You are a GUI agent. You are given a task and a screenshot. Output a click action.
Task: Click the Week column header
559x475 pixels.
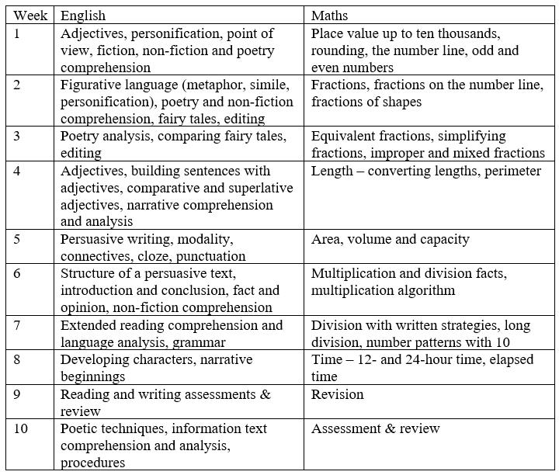coord(30,16)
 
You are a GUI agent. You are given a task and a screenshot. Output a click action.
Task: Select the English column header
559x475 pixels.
coord(83,16)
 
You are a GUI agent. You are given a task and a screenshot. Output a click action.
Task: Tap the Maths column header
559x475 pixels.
coord(329,16)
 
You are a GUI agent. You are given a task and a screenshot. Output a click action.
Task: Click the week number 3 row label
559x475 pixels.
coord(18,136)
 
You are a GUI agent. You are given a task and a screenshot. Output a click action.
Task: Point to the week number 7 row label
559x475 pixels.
coord(18,325)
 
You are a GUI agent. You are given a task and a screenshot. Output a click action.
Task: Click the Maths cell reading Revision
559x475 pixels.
coord(337,394)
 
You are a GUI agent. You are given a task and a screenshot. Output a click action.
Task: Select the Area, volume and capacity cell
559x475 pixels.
coord(390,239)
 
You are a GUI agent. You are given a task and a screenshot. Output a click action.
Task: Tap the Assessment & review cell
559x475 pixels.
coord(375,428)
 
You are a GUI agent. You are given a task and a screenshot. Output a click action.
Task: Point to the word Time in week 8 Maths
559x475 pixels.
coord(326,360)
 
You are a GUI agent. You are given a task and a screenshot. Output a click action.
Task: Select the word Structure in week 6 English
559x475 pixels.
coord(89,273)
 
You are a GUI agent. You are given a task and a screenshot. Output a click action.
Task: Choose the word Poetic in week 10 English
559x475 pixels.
coord(79,428)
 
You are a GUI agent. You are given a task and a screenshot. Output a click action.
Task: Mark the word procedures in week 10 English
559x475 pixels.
coord(93,463)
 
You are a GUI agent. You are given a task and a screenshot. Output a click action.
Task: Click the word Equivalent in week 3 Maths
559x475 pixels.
coord(344,136)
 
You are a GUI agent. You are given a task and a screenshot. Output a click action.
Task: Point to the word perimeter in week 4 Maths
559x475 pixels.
coord(512,171)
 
